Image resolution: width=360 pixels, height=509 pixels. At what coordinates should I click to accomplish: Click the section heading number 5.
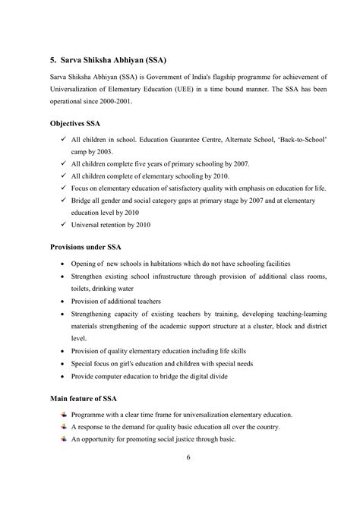[x=53, y=59]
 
